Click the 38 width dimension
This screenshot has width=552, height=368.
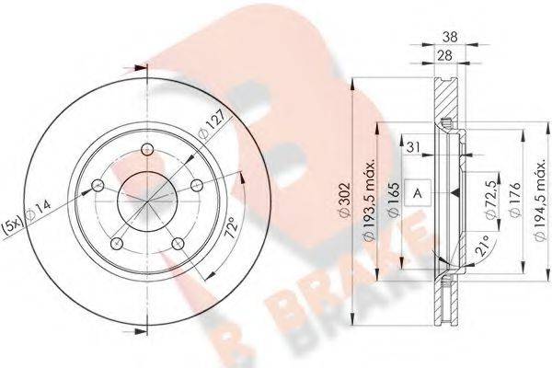(x=450, y=37)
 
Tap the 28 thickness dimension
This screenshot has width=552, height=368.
(x=445, y=55)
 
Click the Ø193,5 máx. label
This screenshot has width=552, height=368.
(x=369, y=201)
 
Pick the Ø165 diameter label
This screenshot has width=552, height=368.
(x=394, y=199)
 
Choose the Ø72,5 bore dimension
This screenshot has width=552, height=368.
(x=491, y=200)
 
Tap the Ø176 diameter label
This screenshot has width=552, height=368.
(x=515, y=200)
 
